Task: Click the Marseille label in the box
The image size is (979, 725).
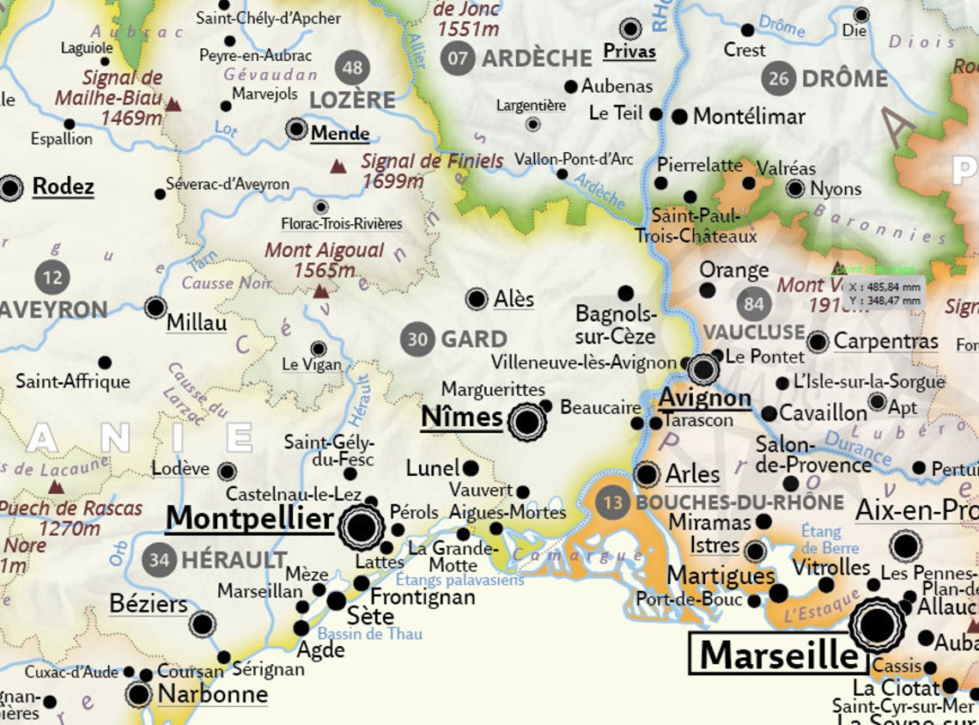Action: pyautogui.click(x=779, y=655)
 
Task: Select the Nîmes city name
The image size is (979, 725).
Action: pyautogui.click(x=461, y=417)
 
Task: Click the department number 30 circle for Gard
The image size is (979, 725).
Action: pyautogui.click(x=417, y=339)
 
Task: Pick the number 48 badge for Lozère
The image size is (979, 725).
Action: pyautogui.click(x=353, y=67)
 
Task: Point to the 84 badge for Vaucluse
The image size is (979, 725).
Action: pyautogui.click(x=754, y=303)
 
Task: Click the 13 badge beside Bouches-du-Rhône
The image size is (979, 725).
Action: pyautogui.click(x=612, y=502)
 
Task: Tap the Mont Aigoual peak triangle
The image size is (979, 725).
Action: pyautogui.click(x=321, y=292)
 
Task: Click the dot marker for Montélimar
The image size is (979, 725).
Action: pyautogui.click(x=679, y=116)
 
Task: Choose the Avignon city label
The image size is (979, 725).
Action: pyautogui.click(x=705, y=399)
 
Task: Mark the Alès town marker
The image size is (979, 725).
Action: pyautogui.click(x=477, y=299)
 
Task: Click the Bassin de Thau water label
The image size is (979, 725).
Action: pyautogui.click(x=369, y=635)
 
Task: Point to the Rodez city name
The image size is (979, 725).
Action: pyautogui.click(x=63, y=186)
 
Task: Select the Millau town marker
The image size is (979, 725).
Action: pyautogui.click(x=155, y=308)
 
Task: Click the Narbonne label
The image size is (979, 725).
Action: pyautogui.click(x=212, y=693)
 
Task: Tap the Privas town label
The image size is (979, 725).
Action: pyautogui.click(x=629, y=52)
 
